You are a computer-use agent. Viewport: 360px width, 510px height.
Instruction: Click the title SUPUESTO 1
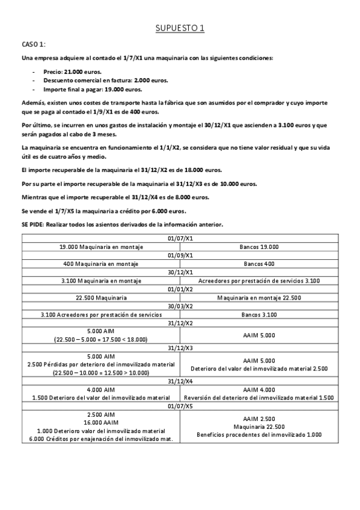click(x=180, y=28)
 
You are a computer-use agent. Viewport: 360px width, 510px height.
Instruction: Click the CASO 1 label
click(x=34, y=45)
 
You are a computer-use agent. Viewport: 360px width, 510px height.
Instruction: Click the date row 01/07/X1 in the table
click(x=180, y=238)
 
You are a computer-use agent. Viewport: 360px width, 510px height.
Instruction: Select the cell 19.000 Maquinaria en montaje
click(x=100, y=247)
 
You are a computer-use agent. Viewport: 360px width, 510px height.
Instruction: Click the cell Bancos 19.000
click(x=260, y=247)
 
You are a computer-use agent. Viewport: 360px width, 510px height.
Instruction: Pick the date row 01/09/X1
click(x=180, y=255)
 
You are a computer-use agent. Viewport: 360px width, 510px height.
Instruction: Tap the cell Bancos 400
click(x=260, y=263)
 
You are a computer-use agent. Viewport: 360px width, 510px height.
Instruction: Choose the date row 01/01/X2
click(x=180, y=289)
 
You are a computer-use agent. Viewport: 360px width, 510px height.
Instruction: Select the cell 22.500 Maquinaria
click(x=100, y=297)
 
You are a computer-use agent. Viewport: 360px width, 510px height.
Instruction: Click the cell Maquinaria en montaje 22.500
click(x=260, y=297)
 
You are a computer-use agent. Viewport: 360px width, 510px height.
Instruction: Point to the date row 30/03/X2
click(x=180, y=306)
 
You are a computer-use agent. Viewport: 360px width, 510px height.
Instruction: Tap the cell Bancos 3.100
click(x=260, y=314)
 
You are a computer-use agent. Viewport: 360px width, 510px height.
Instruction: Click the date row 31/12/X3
click(x=180, y=348)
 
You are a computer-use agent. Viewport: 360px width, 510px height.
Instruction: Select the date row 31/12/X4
click(x=180, y=381)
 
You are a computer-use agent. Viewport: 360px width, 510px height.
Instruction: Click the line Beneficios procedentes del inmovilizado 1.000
click(x=260, y=434)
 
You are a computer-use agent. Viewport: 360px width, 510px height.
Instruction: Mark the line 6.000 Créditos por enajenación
click(x=100, y=438)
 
